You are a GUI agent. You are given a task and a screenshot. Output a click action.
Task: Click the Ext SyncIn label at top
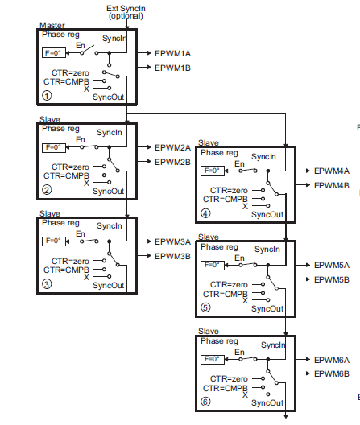[x=126, y=9]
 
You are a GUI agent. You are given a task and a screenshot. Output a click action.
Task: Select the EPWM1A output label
[x=172, y=53]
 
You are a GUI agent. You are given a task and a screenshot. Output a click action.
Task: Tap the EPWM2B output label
[x=172, y=162]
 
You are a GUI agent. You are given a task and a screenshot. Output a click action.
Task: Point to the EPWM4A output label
[x=332, y=171]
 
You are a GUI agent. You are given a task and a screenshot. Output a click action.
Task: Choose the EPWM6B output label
[x=332, y=373]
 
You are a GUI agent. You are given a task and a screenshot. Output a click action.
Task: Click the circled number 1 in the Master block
[x=47, y=96]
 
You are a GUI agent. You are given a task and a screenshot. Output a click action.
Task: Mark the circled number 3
[x=47, y=284]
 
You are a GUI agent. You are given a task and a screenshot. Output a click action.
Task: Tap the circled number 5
[x=205, y=307]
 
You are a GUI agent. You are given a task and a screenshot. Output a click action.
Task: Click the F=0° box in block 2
[x=54, y=148]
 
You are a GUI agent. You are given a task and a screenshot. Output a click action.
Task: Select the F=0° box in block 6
[x=213, y=360]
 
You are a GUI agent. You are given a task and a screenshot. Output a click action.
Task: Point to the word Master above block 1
[x=52, y=25]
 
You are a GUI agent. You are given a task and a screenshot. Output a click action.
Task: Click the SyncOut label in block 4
[x=267, y=215]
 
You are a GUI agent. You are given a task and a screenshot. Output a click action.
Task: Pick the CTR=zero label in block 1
[x=70, y=73]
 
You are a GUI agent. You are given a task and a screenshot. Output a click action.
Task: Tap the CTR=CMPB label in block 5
[x=226, y=294]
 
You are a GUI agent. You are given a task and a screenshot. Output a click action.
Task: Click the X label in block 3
[x=86, y=277]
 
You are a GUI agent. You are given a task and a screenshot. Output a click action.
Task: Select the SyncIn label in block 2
[x=110, y=133]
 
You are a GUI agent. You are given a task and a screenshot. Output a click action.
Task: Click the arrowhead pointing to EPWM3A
[x=149, y=241]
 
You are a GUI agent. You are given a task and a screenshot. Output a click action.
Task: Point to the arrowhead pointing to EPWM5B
[x=308, y=279]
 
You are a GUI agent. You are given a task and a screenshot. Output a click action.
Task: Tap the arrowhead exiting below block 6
[x=286, y=416]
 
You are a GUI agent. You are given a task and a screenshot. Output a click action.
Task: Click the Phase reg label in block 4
[x=219, y=153]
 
